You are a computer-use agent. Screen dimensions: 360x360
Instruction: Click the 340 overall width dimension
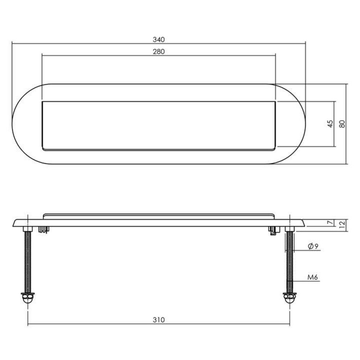pyautogui.click(x=158, y=39)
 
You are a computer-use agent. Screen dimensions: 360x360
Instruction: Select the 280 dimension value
pyautogui.click(x=158, y=51)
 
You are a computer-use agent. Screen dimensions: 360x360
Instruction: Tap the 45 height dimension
pyautogui.click(x=330, y=124)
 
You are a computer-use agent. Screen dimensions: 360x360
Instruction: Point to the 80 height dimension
pyautogui.click(x=342, y=124)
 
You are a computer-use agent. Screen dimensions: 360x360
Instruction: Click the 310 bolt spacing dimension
pyautogui.click(x=158, y=320)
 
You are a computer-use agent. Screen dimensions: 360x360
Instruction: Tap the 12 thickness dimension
pyautogui.click(x=342, y=224)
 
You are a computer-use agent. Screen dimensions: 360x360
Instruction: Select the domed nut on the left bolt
pyautogui.click(x=28, y=298)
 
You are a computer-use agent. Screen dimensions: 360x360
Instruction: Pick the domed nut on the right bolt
pyautogui.click(x=289, y=298)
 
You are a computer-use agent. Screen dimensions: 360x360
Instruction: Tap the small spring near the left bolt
pyautogui.click(x=44, y=229)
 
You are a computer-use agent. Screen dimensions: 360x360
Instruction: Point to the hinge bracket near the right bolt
pyautogui.click(x=273, y=230)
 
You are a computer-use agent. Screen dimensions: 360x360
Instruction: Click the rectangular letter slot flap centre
pyautogui.click(x=158, y=125)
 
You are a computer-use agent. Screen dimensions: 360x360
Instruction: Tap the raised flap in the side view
pyautogui.click(x=158, y=216)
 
